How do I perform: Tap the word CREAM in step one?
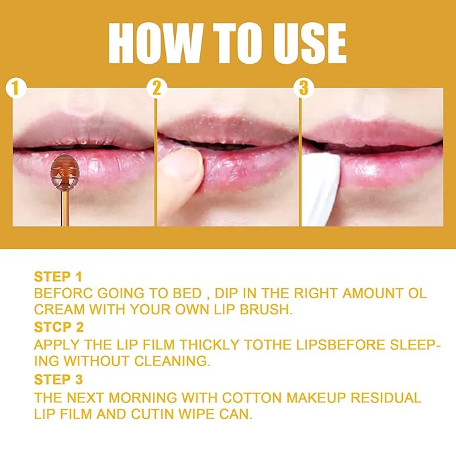coord(57,310)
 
